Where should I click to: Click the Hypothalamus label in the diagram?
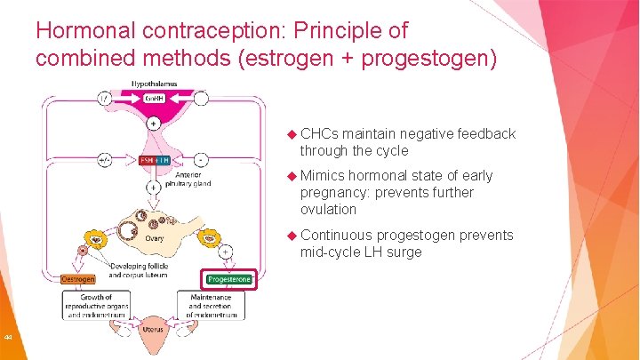tap(155, 84)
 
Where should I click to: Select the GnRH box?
tap(154, 99)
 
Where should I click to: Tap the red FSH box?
tap(143, 161)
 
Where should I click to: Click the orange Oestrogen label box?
tap(78, 279)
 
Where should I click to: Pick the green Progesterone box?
tap(229, 279)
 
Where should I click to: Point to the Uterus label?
tap(153, 329)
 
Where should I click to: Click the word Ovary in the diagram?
tap(155, 237)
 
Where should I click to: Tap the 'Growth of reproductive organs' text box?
tap(96, 306)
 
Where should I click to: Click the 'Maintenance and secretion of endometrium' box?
tap(211, 306)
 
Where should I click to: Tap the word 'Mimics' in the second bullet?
tap(322, 176)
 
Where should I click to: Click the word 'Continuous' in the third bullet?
tap(336, 236)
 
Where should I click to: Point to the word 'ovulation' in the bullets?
tap(328, 210)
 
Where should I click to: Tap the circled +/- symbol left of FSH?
tap(106, 161)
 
